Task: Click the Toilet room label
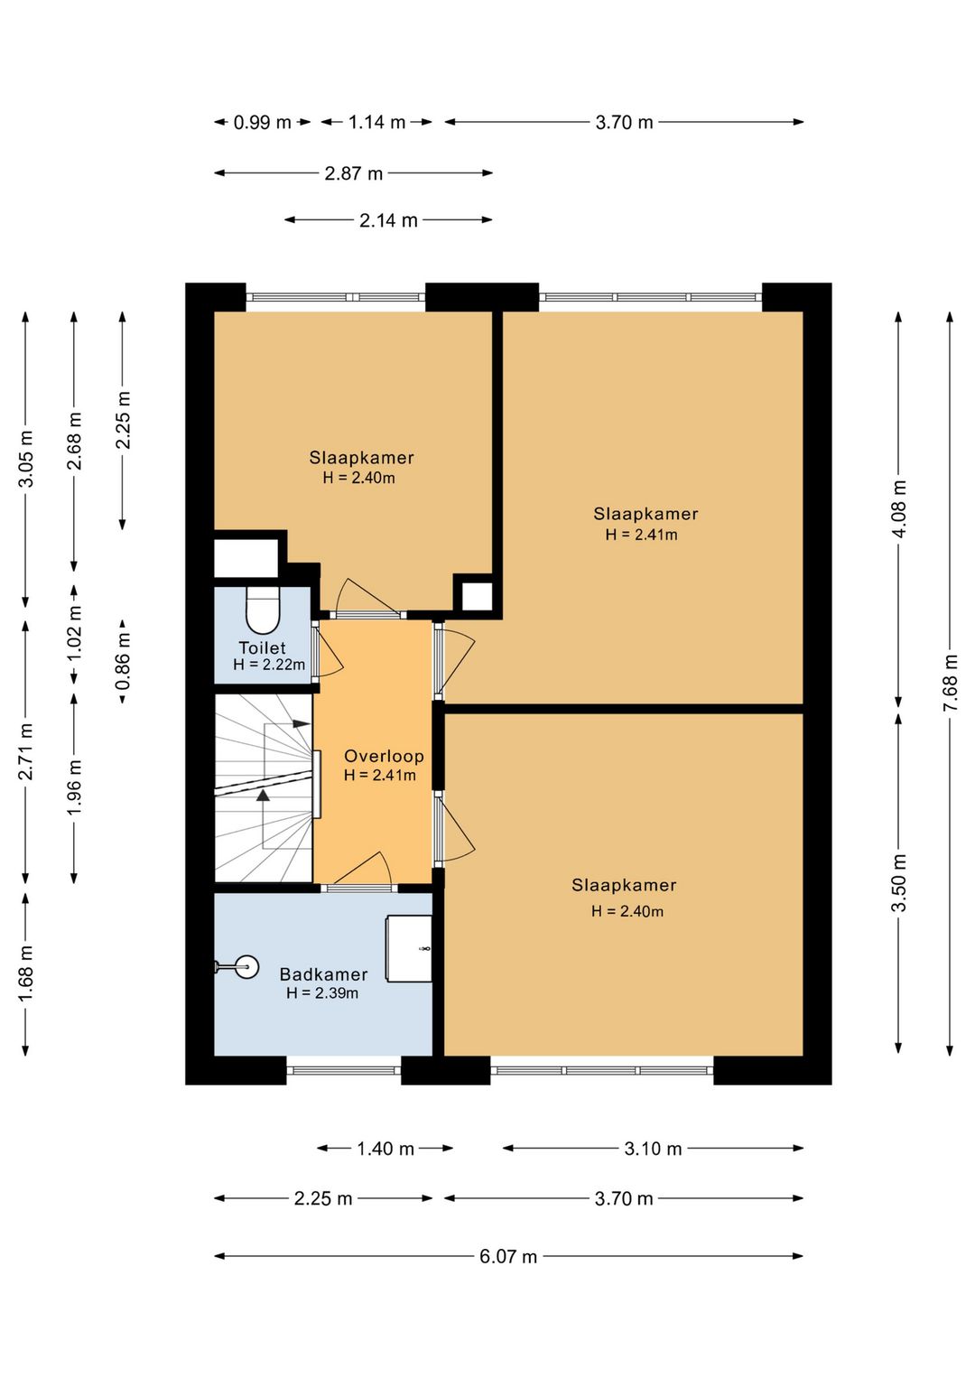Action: click(262, 647)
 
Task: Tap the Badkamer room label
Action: click(323, 973)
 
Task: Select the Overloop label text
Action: click(384, 756)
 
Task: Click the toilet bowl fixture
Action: click(262, 610)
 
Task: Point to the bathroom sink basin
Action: click(246, 967)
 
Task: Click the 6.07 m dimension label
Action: click(508, 1256)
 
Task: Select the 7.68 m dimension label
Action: click(951, 683)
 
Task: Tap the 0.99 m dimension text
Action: click(262, 123)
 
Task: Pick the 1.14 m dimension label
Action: click(377, 123)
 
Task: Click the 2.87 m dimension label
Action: click(354, 173)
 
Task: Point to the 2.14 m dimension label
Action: click(389, 220)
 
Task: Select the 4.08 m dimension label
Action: click(899, 508)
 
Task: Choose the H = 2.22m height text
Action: click(269, 665)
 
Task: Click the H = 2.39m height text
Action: click(322, 992)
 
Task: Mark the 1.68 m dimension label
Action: click(26, 973)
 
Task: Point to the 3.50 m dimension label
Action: click(899, 883)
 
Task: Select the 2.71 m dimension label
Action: click(26, 750)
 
